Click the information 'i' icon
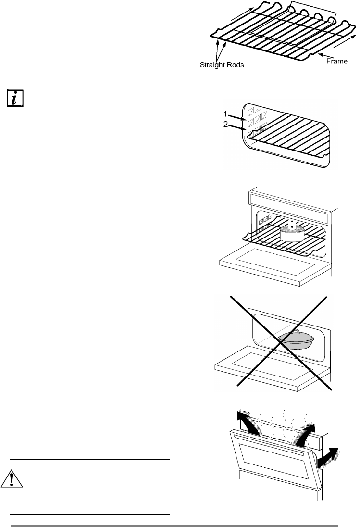[15, 98]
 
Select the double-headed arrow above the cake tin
[292, 224]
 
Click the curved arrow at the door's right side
[328, 456]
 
